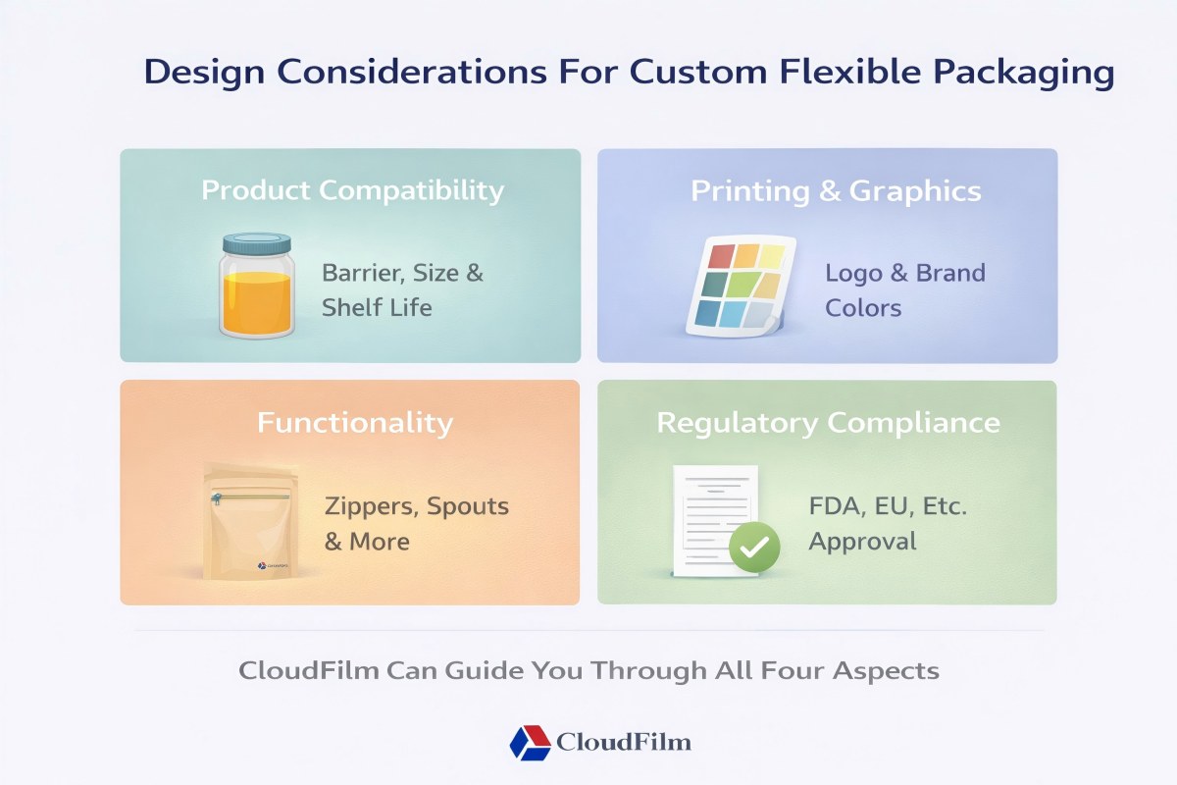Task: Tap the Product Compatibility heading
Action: point(353,189)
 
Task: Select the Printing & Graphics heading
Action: point(836,190)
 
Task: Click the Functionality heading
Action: point(354,423)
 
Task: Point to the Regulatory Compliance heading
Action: point(827,423)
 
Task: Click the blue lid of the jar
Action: point(256,242)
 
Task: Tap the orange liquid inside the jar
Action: point(256,302)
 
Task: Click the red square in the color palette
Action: point(721,257)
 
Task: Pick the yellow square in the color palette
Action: point(771,257)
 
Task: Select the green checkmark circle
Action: point(753,547)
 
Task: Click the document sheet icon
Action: point(714,515)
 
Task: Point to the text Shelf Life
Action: point(377,307)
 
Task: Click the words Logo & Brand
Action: point(904,273)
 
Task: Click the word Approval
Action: point(862,542)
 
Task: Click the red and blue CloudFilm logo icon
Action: point(530,742)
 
